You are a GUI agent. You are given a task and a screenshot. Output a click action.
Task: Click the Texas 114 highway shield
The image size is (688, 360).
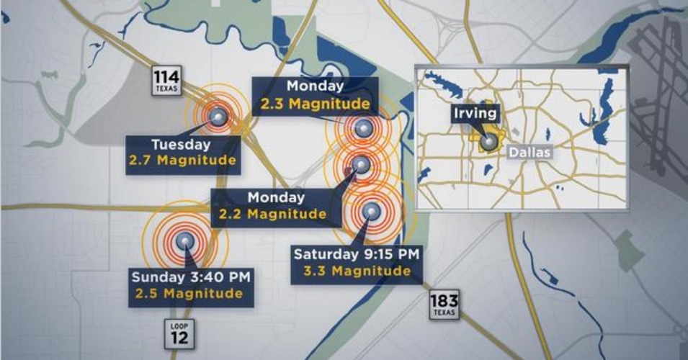tap(168, 81)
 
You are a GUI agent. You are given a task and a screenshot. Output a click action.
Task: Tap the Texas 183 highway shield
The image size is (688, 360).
tap(444, 305)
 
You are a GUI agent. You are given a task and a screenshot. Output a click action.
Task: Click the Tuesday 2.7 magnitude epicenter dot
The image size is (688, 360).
tap(217, 116)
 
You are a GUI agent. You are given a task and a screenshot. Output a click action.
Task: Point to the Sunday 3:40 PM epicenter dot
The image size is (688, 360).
tap(185, 241)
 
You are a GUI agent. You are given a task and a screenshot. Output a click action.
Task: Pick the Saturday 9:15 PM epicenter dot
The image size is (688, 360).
tap(371, 210)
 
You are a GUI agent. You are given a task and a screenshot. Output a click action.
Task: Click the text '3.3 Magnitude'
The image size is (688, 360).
tap(357, 271)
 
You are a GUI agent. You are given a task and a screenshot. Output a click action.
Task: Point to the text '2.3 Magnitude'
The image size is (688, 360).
tap(316, 104)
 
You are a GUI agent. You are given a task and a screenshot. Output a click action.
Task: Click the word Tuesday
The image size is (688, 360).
tap(181, 143)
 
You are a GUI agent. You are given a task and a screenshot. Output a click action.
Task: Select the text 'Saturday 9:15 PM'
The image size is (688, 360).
tap(357, 253)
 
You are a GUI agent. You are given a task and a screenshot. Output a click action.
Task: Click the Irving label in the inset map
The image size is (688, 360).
tap(475, 113)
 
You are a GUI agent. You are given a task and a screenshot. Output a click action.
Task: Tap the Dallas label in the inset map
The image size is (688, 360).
tap(530, 153)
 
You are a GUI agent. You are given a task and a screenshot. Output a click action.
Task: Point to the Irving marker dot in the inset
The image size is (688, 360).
tap(489, 142)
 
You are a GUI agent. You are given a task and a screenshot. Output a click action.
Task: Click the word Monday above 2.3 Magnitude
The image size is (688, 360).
tap(316, 86)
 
